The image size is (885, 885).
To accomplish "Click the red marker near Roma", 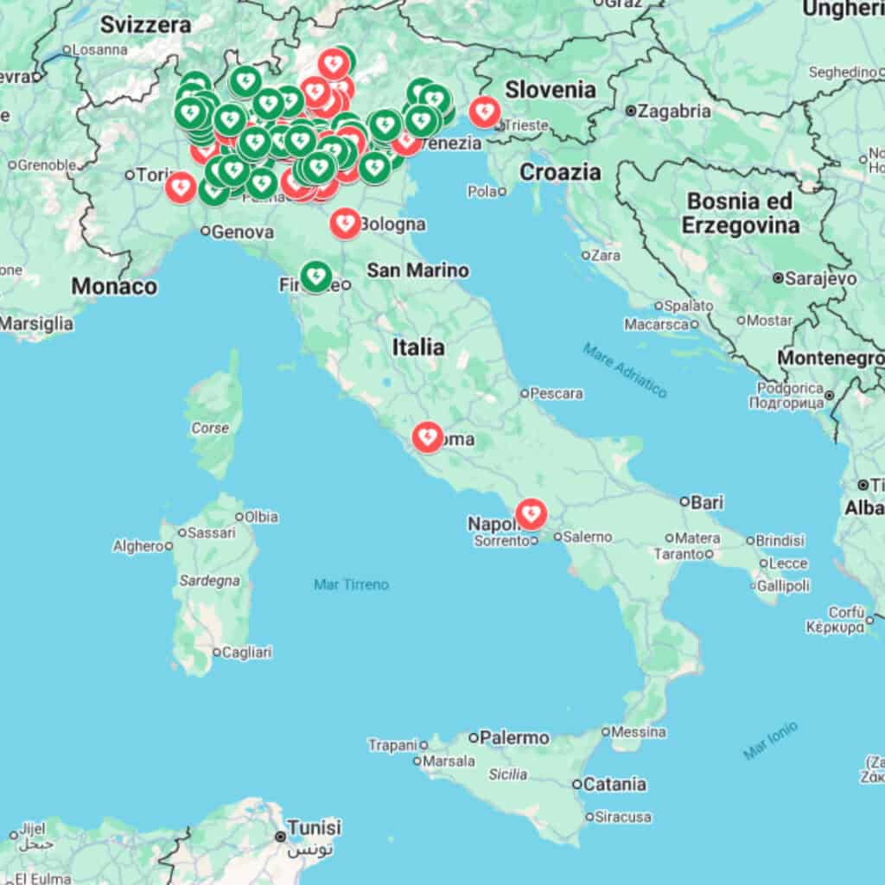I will pyautogui.click(x=428, y=436).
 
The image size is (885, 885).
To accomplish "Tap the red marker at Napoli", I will pyautogui.click(x=531, y=514).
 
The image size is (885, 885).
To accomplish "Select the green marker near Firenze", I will pyautogui.click(x=315, y=277).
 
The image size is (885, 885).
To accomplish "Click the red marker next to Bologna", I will pyautogui.click(x=345, y=223).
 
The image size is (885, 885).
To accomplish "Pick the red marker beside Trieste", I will pyautogui.click(x=483, y=111).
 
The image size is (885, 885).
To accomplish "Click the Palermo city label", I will pyautogui.click(x=514, y=737).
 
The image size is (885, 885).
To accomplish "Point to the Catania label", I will pyautogui.click(x=614, y=784).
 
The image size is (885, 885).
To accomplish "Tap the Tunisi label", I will pyautogui.click(x=314, y=827).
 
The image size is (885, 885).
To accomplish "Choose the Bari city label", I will pyautogui.click(x=707, y=501).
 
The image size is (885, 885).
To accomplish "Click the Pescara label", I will pyautogui.click(x=556, y=393).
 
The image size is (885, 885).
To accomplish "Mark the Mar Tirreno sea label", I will pyautogui.click(x=351, y=585).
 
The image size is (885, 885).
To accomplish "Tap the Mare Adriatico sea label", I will pyautogui.click(x=624, y=370).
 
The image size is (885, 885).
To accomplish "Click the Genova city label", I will pyautogui.click(x=242, y=232).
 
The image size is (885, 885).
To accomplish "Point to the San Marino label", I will pyautogui.click(x=417, y=271).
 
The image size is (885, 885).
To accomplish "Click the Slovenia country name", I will pyautogui.click(x=551, y=89).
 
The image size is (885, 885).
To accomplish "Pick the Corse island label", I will pyautogui.click(x=210, y=428).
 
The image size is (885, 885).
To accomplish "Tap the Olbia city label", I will pyautogui.click(x=261, y=517).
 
